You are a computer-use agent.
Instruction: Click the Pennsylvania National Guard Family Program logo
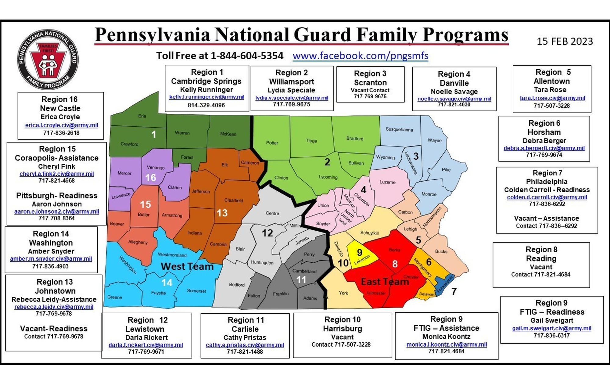point(48,60)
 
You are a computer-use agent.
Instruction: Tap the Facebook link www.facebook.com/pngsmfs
point(360,56)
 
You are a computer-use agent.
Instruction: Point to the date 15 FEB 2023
point(565,41)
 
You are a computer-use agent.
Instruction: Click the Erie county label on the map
point(142,116)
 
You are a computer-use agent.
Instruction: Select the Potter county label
point(272,143)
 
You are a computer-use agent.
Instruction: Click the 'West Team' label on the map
point(187,266)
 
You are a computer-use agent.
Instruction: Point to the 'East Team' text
point(385,282)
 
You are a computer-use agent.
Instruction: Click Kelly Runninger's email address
point(206,97)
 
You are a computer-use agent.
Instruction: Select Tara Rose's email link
point(552,98)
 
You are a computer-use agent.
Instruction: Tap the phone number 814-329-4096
point(206,105)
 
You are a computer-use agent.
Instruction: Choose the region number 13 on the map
point(222,213)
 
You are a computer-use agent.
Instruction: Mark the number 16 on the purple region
point(151,178)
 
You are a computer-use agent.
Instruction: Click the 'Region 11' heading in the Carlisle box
point(246,320)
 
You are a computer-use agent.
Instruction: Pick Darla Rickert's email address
point(146,345)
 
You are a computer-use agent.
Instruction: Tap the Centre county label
point(272,213)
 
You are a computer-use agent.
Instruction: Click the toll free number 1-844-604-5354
point(247,56)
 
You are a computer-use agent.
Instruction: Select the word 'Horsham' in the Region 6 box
point(544,132)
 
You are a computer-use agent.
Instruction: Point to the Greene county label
point(115,297)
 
